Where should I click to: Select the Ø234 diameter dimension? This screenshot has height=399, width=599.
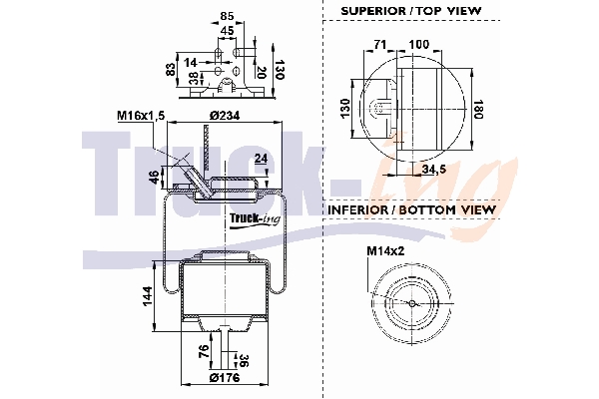(226, 117)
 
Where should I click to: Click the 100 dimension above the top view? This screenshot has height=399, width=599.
(419, 45)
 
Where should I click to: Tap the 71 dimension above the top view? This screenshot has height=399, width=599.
(380, 45)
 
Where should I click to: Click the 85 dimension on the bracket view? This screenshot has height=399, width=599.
(227, 15)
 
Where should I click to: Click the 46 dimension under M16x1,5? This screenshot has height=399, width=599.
(154, 177)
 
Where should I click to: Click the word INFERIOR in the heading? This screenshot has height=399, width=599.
(362, 210)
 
